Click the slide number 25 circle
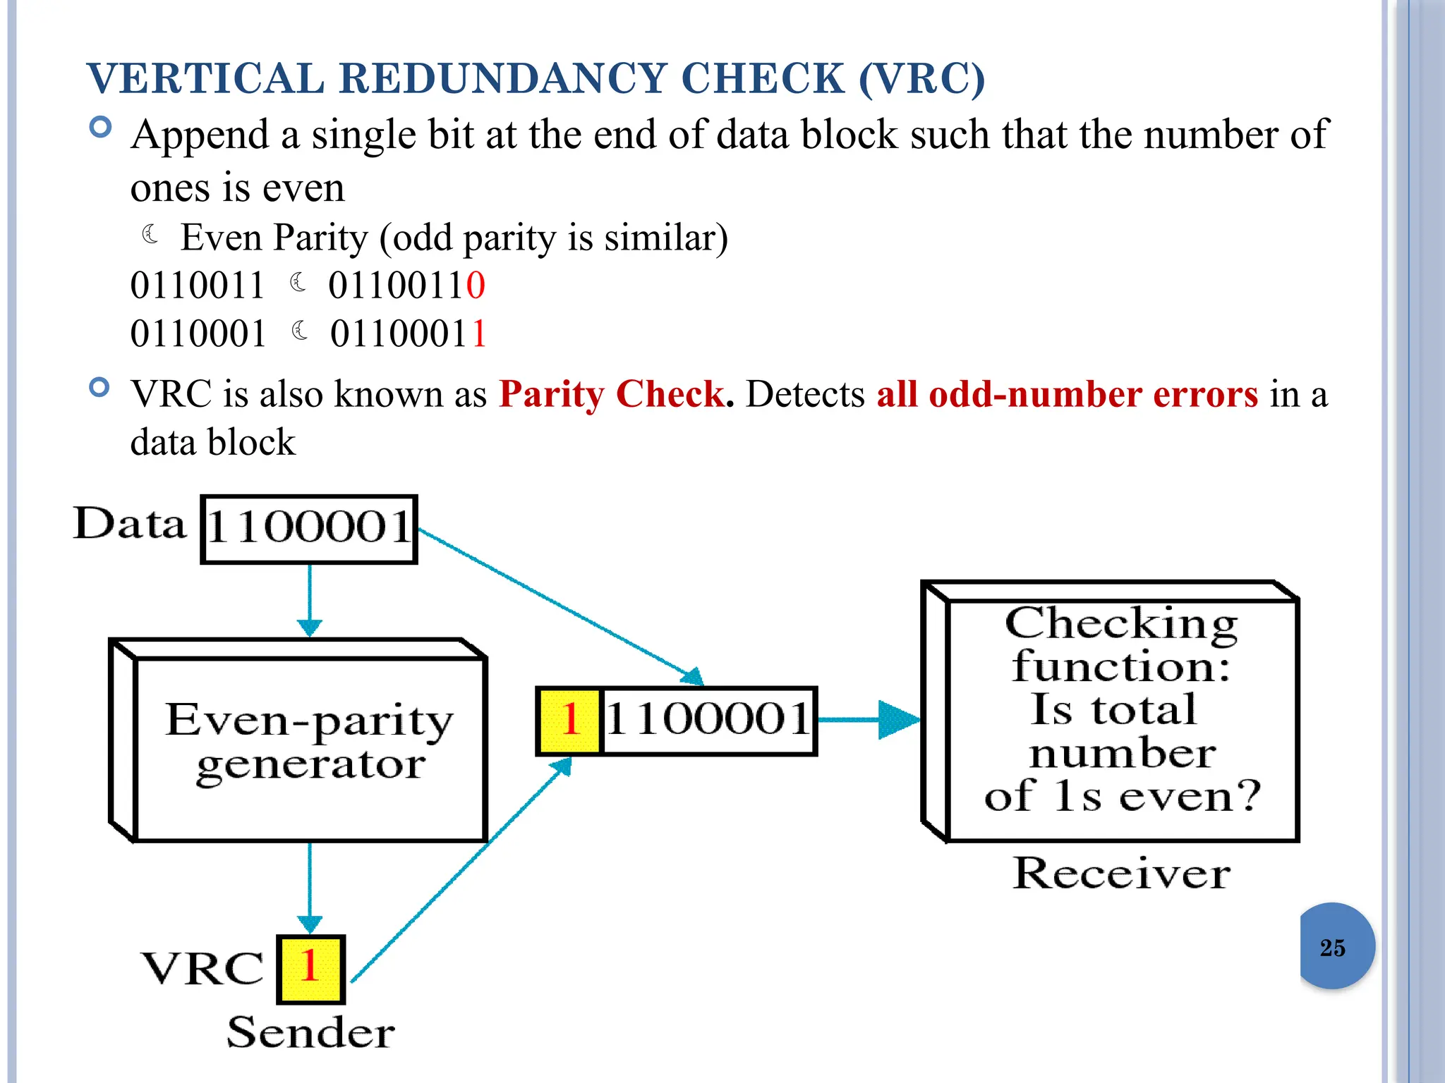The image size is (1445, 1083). pos(1336,946)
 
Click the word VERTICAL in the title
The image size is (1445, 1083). pos(205,78)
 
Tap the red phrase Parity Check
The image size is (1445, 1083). pos(612,394)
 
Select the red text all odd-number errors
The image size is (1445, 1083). pos(1067,394)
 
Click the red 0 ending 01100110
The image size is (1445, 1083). pos(476,286)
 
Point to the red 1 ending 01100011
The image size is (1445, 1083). pos(479,334)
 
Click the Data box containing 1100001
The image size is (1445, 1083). pos(309,529)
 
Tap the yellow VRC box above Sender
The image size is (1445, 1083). pos(310,969)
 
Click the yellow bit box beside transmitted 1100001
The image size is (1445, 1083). pos(569,721)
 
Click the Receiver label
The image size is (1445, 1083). pos(1121,874)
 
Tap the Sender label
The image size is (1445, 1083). pos(310,1033)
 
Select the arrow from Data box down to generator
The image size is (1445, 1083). pos(310,599)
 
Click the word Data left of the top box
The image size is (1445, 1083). pos(130,524)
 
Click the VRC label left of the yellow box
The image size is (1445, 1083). pos(202,969)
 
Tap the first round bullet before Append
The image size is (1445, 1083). pos(101,128)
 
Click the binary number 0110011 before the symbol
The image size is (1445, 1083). pos(197,286)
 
